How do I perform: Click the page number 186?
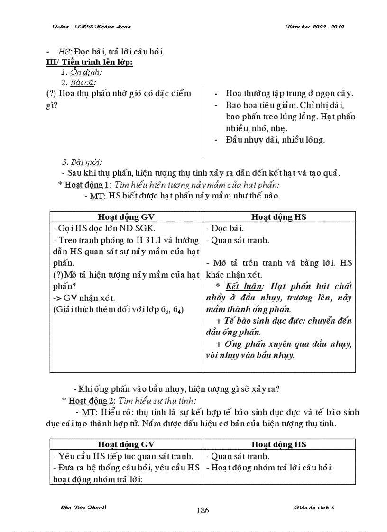tap(203, 510)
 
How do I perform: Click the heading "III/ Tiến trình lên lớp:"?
tap(89, 63)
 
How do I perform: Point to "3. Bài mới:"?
tap(82, 162)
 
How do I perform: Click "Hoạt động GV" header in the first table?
tap(126, 217)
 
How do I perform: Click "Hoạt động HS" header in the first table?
tap(279, 217)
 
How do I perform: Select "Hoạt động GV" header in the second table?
tap(126, 444)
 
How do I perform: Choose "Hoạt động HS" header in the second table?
tap(279, 444)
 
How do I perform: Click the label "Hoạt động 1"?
tap(87, 184)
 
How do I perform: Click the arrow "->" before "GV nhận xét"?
tap(57, 298)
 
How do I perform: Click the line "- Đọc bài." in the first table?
tap(221, 228)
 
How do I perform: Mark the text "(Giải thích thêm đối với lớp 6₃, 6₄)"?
tap(118, 310)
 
